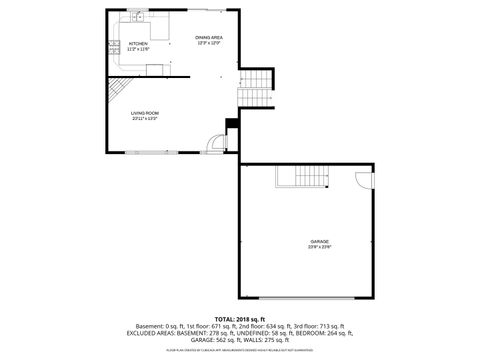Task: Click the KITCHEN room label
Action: click(x=139, y=43)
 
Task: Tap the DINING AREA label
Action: click(x=208, y=37)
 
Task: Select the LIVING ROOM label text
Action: click(x=145, y=113)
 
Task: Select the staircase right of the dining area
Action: click(x=255, y=87)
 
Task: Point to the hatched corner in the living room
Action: click(x=117, y=90)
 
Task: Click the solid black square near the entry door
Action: click(x=232, y=124)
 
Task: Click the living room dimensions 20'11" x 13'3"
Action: click(x=145, y=119)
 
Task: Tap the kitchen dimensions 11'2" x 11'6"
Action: click(x=139, y=48)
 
